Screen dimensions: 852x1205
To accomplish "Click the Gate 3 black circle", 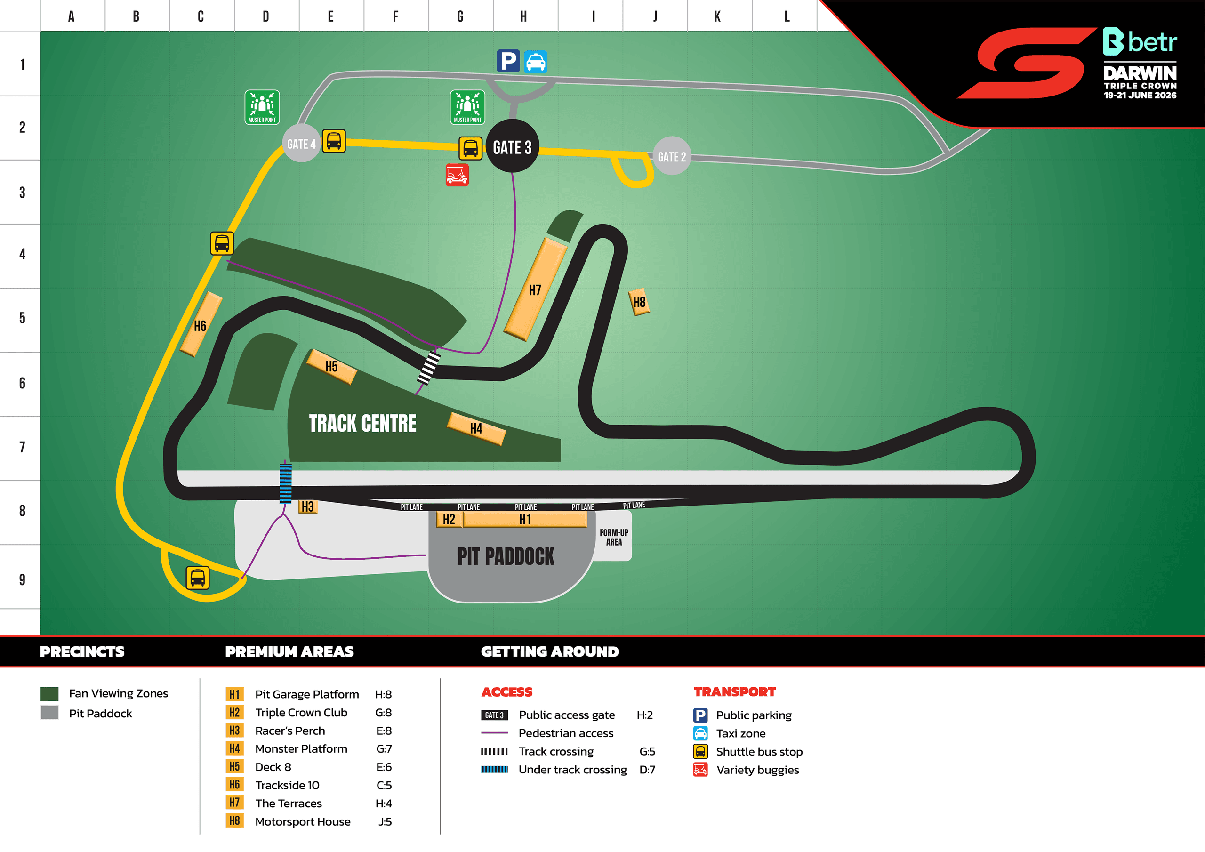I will pos(512,146).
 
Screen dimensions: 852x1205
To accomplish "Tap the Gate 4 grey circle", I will pos(301,143).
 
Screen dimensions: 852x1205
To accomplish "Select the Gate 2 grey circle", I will pos(671,156).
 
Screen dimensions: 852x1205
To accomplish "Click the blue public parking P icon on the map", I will pos(508,61).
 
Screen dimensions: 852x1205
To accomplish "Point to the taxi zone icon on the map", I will pos(535,61).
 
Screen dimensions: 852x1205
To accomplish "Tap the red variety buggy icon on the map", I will pos(457,175).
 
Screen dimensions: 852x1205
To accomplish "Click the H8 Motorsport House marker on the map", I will pos(639,302).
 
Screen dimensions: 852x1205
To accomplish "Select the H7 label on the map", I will pos(535,290).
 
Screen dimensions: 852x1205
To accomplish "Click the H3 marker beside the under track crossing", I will pos(307,506).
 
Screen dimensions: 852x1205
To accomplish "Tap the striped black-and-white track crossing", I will pos(429,368).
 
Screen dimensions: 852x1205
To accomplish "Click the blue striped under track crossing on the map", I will pos(286,483).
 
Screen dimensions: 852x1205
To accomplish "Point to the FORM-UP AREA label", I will pos(613,537).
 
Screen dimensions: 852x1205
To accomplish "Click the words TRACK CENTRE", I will pos(362,423).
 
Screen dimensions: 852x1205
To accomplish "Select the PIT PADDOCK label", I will pos(506,556).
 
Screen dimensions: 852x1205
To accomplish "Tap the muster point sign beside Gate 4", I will pos(262,107).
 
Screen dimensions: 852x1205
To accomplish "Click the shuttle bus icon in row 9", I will pos(198,578).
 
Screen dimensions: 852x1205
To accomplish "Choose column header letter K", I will pos(717,16).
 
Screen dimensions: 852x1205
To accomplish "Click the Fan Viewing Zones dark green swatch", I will pos(49,693).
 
